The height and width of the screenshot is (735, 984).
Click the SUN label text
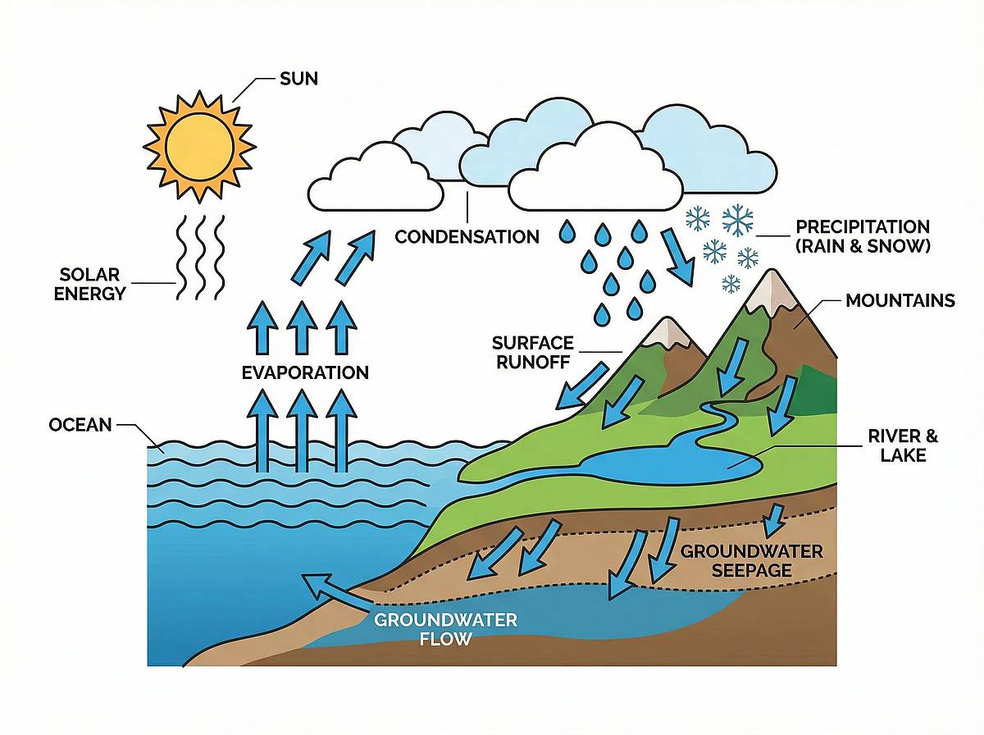coord(298,80)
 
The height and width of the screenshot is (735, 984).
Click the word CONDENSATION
coord(467,237)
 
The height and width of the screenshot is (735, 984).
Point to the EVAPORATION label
coord(305,372)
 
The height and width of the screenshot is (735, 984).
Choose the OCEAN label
coord(80,425)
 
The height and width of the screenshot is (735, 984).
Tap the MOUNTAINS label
coord(900,301)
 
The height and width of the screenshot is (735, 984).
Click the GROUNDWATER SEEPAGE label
coord(751,560)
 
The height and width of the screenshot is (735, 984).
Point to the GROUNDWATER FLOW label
coord(445,628)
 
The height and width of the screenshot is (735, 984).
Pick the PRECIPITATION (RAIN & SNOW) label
coord(863,235)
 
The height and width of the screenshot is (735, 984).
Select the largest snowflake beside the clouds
coord(737,221)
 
